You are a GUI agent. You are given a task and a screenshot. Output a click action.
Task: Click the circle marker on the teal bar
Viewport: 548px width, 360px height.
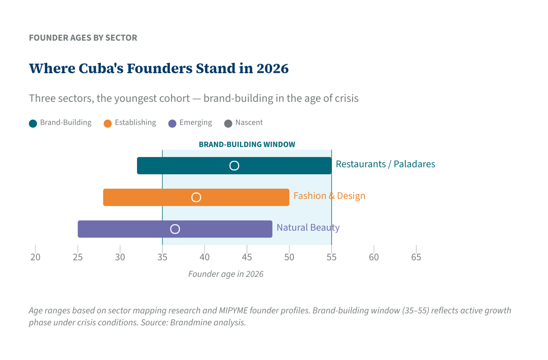pos(234,166)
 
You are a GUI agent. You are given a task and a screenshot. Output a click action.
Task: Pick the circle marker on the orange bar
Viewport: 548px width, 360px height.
pos(196,197)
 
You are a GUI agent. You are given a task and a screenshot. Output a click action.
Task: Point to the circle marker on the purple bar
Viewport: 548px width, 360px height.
pos(175,229)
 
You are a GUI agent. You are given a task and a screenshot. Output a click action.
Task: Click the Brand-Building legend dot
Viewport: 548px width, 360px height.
pos(33,123)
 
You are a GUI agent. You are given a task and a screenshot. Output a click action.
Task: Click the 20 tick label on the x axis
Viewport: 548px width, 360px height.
pos(35,257)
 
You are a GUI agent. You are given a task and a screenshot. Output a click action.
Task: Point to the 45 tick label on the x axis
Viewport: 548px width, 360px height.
pos(247,257)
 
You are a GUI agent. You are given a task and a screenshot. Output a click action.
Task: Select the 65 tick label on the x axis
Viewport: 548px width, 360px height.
pos(416,257)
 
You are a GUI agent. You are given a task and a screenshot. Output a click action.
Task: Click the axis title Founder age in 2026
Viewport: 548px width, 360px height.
pos(226,274)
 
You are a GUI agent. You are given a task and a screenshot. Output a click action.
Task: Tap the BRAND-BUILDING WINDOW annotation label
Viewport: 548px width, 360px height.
pos(247,145)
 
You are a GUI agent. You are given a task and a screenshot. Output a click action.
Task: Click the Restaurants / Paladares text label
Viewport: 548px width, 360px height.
pos(385,164)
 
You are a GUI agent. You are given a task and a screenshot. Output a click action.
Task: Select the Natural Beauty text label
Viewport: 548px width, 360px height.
pos(308,228)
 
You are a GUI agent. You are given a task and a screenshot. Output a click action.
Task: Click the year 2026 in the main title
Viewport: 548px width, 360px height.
pos(272,69)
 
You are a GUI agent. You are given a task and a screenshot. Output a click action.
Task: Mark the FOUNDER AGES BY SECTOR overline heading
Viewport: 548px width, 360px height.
pos(83,38)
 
